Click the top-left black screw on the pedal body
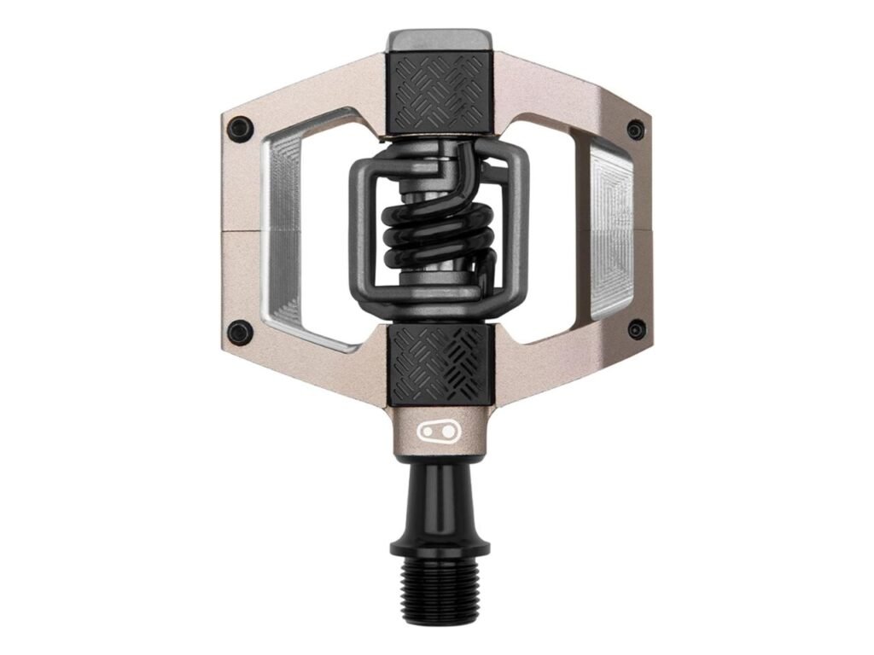coord(239,129)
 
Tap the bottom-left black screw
coord(241,332)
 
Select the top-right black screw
coord(636,130)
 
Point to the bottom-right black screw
coord(636,330)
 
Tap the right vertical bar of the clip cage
coord(520,230)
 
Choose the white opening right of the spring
coord(555,230)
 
